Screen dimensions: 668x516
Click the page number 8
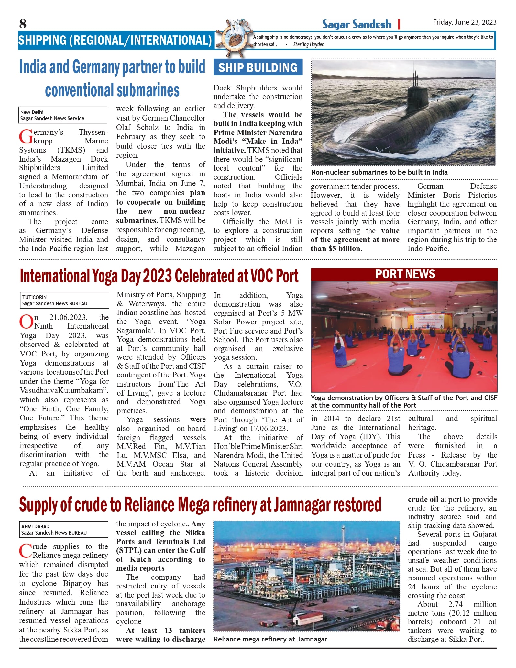pyautogui.click(x=23, y=24)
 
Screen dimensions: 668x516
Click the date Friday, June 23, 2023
pyautogui.click(x=465, y=22)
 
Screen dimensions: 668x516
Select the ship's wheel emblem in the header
pyautogui.click(x=233, y=38)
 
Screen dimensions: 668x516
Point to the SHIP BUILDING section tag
pyautogui.click(x=258, y=67)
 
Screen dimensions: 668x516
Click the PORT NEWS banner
pyautogui.click(x=405, y=274)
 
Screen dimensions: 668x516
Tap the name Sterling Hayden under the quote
pyautogui.click(x=309, y=45)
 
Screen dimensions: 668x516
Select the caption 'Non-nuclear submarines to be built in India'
pyautogui.click(x=379, y=172)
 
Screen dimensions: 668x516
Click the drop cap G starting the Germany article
pyautogui.click(x=26, y=137)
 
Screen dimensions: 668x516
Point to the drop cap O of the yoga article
pyautogui.click(x=26, y=322)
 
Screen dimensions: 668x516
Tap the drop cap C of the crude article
pyautogui.click(x=26, y=551)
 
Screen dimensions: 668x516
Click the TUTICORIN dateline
pyautogui.click(x=34, y=297)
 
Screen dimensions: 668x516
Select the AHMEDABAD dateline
pyautogui.click(x=35, y=526)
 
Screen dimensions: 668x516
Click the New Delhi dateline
pyautogui.click(x=32, y=112)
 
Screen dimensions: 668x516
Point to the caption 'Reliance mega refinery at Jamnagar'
pyautogui.click(x=270, y=639)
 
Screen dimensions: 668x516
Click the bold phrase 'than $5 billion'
pyautogui.click(x=335, y=249)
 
